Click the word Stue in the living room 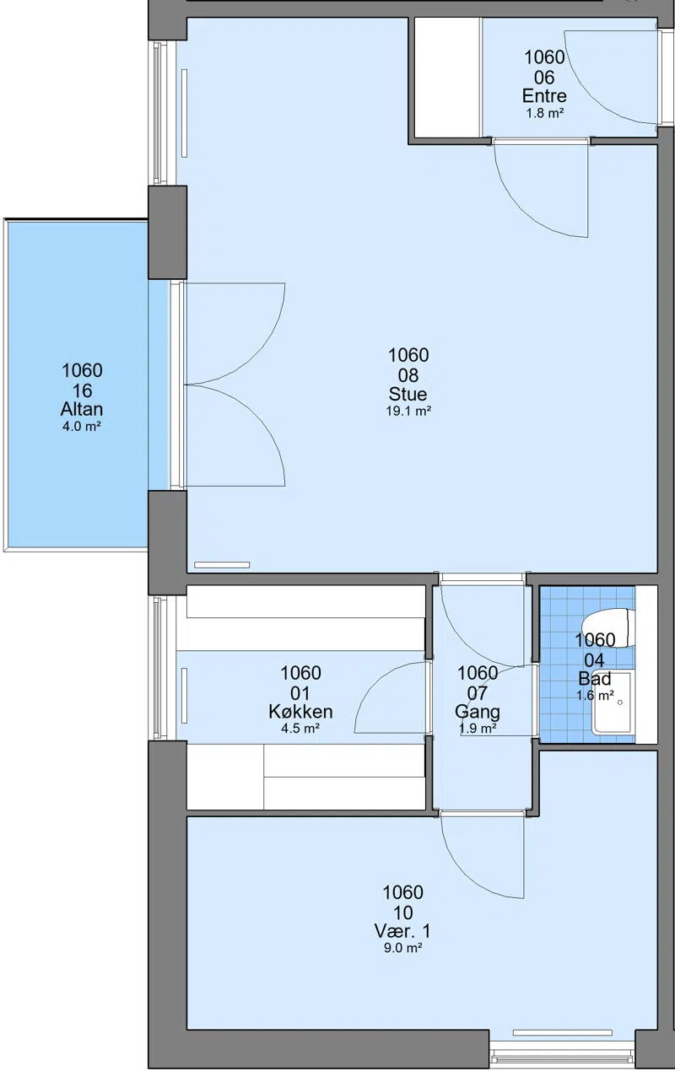[408, 394]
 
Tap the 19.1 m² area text [408, 412]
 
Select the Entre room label [544, 96]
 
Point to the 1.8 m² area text [544, 113]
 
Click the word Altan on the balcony [82, 409]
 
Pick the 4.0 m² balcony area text [82, 427]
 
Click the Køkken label [300, 712]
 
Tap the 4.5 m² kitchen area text [300, 729]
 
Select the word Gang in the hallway [478, 712]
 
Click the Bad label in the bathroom [595, 679]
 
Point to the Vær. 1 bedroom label [402, 931]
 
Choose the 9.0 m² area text [402, 948]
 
